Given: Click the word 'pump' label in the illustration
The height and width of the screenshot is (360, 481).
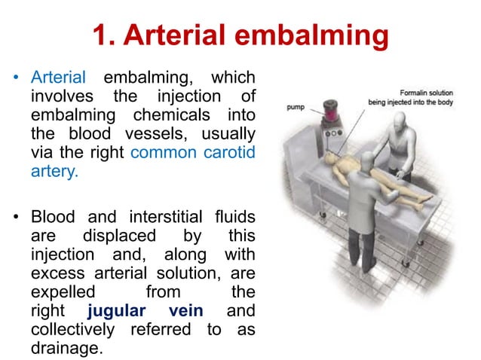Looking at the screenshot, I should coord(295,108).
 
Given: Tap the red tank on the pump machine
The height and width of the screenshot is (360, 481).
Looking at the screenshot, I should coord(331,115).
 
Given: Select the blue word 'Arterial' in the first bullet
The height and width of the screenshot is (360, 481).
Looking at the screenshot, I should coord(59,77).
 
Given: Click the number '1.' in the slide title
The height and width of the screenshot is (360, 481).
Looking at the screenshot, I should coord(103,35).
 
